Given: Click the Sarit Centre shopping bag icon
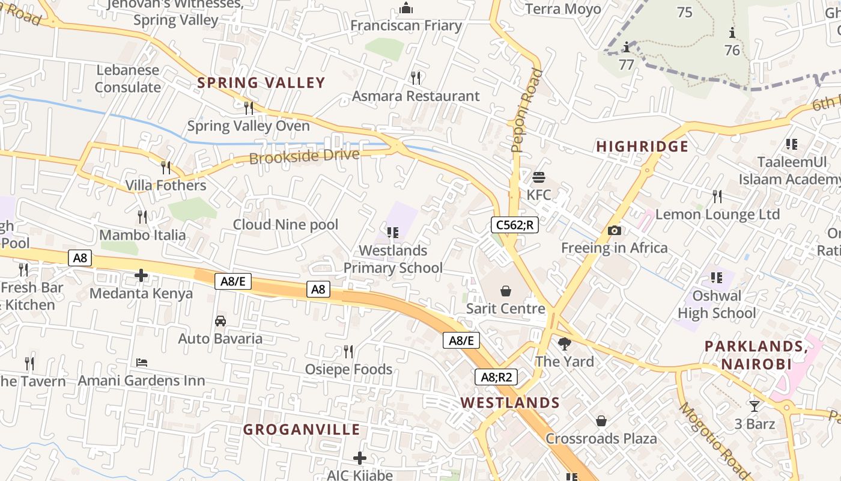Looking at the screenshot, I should click(x=506, y=292).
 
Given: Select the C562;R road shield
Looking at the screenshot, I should click(x=514, y=225).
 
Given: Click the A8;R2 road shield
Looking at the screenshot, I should click(x=496, y=377).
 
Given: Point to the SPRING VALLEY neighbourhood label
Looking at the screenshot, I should click(x=261, y=83).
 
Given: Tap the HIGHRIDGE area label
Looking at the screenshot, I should click(x=642, y=147).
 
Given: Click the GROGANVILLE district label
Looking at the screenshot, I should click(x=302, y=430).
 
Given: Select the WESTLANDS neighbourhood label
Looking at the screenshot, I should click(x=510, y=403).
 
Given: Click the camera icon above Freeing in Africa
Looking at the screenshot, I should click(x=614, y=230).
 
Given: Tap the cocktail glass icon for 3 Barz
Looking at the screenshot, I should click(x=754, y=406).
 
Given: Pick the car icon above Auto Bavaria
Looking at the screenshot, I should click(x=220, y=321).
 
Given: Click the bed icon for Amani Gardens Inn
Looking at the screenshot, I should click(x=142, y=363).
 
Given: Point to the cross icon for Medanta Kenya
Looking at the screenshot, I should click(x=141, y=276).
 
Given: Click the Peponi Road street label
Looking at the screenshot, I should click(x=526, y=111).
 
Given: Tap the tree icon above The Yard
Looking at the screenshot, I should click(x=564, y=344).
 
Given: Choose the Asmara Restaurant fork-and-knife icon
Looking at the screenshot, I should click(x=415, y=78).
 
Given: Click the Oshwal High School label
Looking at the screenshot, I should click(x=717, y=304).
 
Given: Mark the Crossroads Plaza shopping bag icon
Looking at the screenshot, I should click(x=601, y=421).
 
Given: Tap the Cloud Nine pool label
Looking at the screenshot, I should click(x=285, y=225).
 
